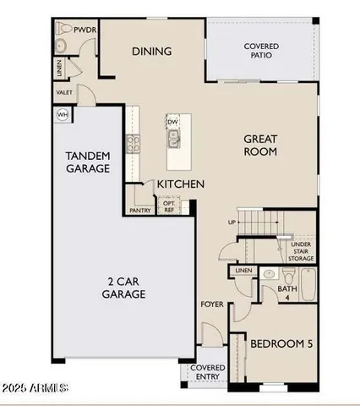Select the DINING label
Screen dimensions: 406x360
click(151, 52)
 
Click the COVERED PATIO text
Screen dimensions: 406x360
click(261, 51)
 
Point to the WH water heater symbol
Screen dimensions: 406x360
click(62, 114)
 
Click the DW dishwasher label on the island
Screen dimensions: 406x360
click(172, 123)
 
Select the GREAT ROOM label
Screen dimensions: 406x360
click(261, 145)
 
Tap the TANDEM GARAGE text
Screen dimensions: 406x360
click(89, 162)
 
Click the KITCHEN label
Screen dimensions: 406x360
click(180, 183)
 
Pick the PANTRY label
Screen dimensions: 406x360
click(140, 211)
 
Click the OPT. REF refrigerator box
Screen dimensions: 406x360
click(169, 207)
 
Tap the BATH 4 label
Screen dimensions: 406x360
click(287, 292)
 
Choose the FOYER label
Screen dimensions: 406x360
click(211, 304)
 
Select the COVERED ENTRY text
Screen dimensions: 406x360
click(207, 373)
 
